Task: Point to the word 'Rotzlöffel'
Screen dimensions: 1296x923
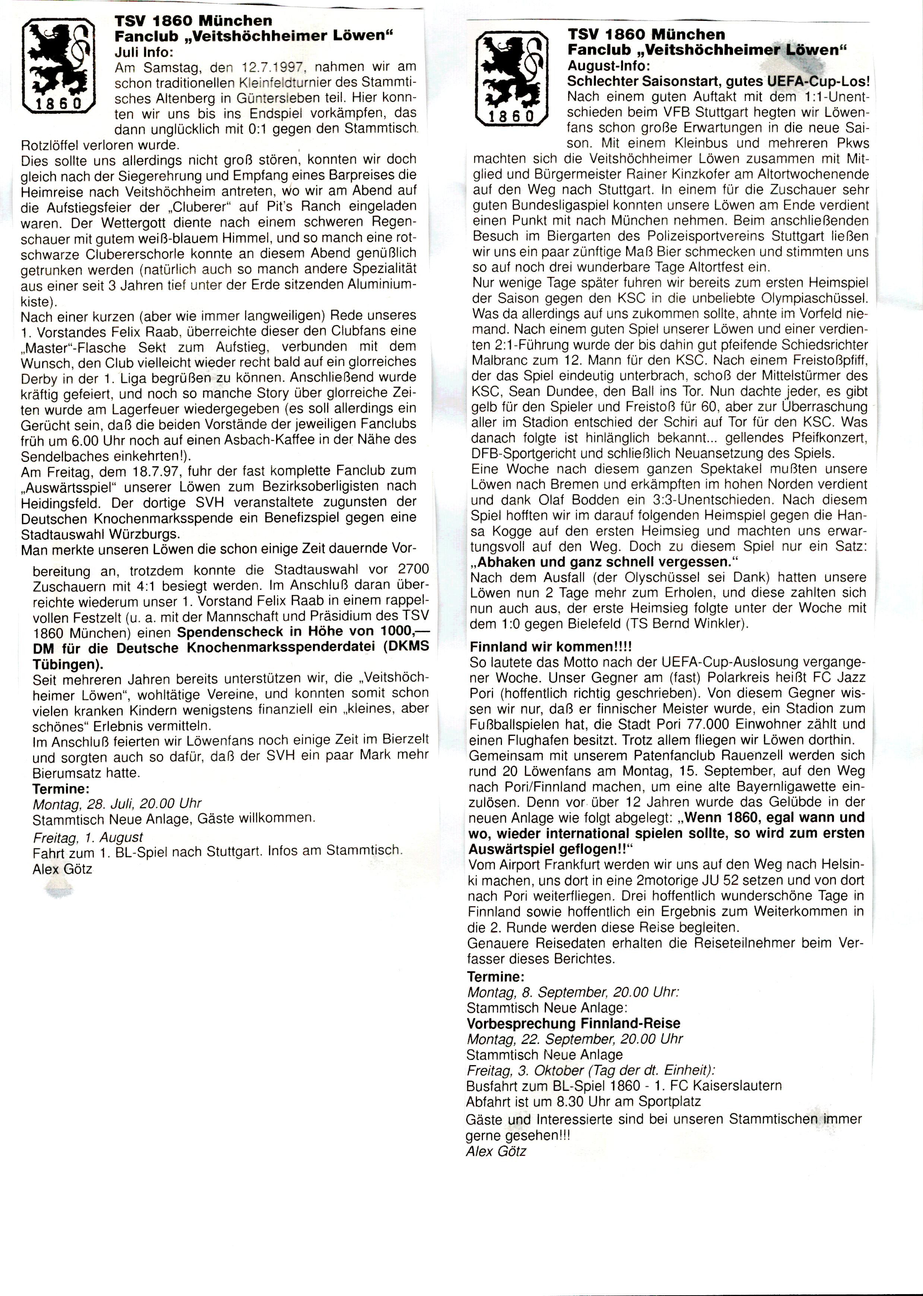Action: click(50, 144)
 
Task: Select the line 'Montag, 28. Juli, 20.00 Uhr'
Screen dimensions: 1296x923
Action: click(117, 804)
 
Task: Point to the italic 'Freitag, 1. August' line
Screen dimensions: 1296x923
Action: click(88, 837)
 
